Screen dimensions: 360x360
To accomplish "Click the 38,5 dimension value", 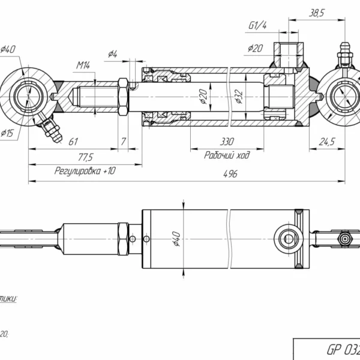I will tap(315, 12).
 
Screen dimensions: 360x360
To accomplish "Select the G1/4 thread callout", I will tap(257, 26).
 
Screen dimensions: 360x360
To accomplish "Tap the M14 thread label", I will tap(83, 64).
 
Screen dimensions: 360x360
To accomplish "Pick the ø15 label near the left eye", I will tap(8, 133).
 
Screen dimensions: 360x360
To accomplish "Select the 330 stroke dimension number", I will tap(227, 143).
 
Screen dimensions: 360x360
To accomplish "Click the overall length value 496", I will tap(231, 173).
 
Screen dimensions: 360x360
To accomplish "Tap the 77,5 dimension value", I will tap(85, 157).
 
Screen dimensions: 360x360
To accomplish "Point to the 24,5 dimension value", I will tap(326, 142).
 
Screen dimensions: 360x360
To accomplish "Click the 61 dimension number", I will tap(73, 142).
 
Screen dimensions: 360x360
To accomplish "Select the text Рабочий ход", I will tap(227, 155).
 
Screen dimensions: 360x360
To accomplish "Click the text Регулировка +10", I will tap(85, 170).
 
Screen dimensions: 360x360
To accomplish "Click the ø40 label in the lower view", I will tap(176, 239).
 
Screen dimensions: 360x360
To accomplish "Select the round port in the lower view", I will tap(289, 239).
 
